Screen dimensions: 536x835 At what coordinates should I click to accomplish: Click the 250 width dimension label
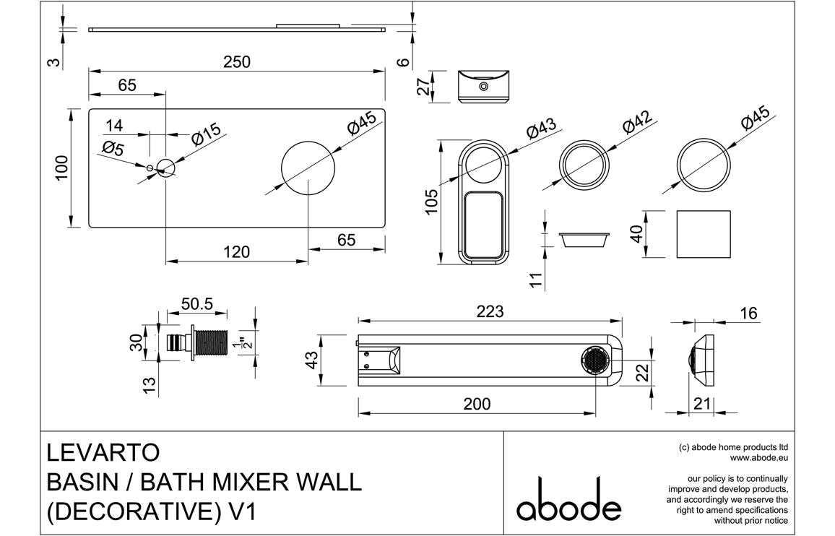236,62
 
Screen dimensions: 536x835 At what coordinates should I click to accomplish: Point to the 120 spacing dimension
236,251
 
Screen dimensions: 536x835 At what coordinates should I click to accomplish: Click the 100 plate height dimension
62,168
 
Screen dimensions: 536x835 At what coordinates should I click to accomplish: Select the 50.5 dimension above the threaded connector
196,304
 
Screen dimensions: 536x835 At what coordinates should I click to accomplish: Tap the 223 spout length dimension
490,311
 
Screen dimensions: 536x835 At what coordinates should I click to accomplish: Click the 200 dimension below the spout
476,404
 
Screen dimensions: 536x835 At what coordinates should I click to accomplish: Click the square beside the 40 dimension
703,234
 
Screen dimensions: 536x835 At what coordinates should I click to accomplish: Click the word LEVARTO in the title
103,452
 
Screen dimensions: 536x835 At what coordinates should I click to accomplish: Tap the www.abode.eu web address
758,457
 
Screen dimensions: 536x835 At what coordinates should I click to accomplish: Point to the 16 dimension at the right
749,313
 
